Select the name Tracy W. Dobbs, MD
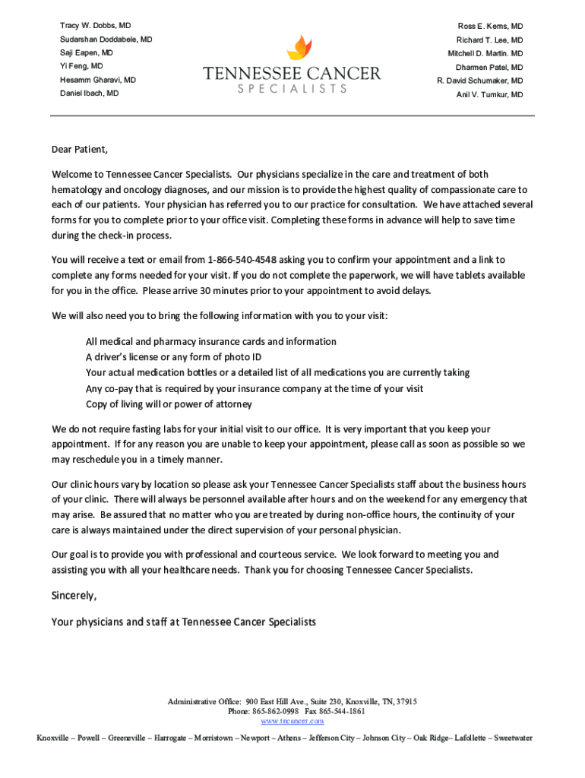pyautogui.click(x=95, y=26)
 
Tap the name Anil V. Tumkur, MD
pyautogui.click(x=489, y=95)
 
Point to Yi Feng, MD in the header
pyautogui.click(x=81, y=67)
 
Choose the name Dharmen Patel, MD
pyautogui.click(x=489, y=68)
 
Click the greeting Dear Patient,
pyautogui.click(x=80, y=149)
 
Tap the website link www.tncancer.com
pyautogui.click(x=292, y=721)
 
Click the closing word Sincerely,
pyautogui.click(x=74, y=595)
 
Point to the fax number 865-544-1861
pyautogui.click(x=346, y=712)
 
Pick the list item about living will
pyautogui.click(x=169, y=404)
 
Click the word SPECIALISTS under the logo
pyautogui.click(x=292, y=89)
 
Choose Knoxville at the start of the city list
pyautogui.click(x=54, y=738)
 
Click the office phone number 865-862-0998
pyautogui.click(x=275, y=712)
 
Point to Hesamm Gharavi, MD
pyautogui.click(x=98, y=80)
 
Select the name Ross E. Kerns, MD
pyautogui.click(x=490, y=27)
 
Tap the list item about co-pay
pyautogui.click(x=255, y=388)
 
